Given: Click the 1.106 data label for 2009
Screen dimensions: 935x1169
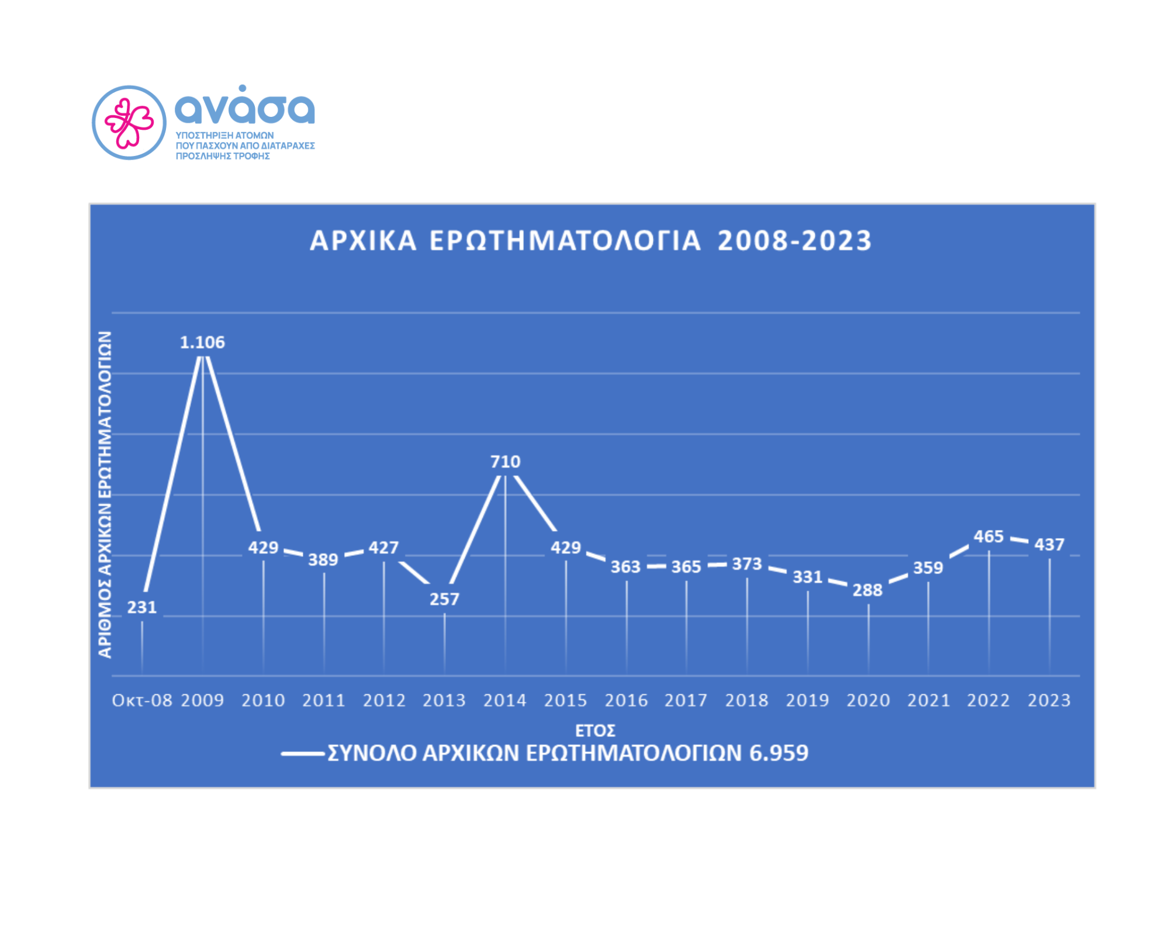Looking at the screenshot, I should pos(202,342).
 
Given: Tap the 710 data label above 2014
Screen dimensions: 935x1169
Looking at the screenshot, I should pos(505,462).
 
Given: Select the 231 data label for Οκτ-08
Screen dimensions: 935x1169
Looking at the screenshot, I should pos(142,607).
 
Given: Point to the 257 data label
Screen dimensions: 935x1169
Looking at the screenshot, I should pos(444,599).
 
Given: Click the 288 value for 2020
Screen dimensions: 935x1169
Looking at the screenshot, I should pos(867,590).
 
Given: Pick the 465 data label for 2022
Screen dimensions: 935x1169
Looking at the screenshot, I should pos(988,536).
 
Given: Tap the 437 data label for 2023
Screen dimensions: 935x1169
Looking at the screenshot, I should pos(1049,545).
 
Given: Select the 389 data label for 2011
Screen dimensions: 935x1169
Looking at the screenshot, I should pos(323,560).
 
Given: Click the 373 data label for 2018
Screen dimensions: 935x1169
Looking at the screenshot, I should pos(747,564).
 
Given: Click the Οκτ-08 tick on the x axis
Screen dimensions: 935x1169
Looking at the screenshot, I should pos(142,700).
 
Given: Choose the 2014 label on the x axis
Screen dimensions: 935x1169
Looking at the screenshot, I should pos(505,700).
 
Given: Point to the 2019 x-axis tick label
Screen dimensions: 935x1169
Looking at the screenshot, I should pos(807,700).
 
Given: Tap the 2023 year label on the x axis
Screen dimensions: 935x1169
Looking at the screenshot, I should pos(1049,700).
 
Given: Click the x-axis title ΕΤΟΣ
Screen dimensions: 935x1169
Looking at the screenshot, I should pos(595,730).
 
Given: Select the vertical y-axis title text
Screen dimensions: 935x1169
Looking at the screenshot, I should pos(105,494).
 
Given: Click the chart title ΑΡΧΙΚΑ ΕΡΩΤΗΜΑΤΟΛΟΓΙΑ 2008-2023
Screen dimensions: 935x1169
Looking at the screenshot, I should pos(590,241).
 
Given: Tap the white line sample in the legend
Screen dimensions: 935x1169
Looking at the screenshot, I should pos(303,754).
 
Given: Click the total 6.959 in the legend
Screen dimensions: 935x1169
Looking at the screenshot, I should pos(779,753).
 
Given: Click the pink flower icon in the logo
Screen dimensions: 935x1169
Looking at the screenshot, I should pos(129,123).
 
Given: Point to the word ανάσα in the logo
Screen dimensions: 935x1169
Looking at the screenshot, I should pos(244,108).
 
